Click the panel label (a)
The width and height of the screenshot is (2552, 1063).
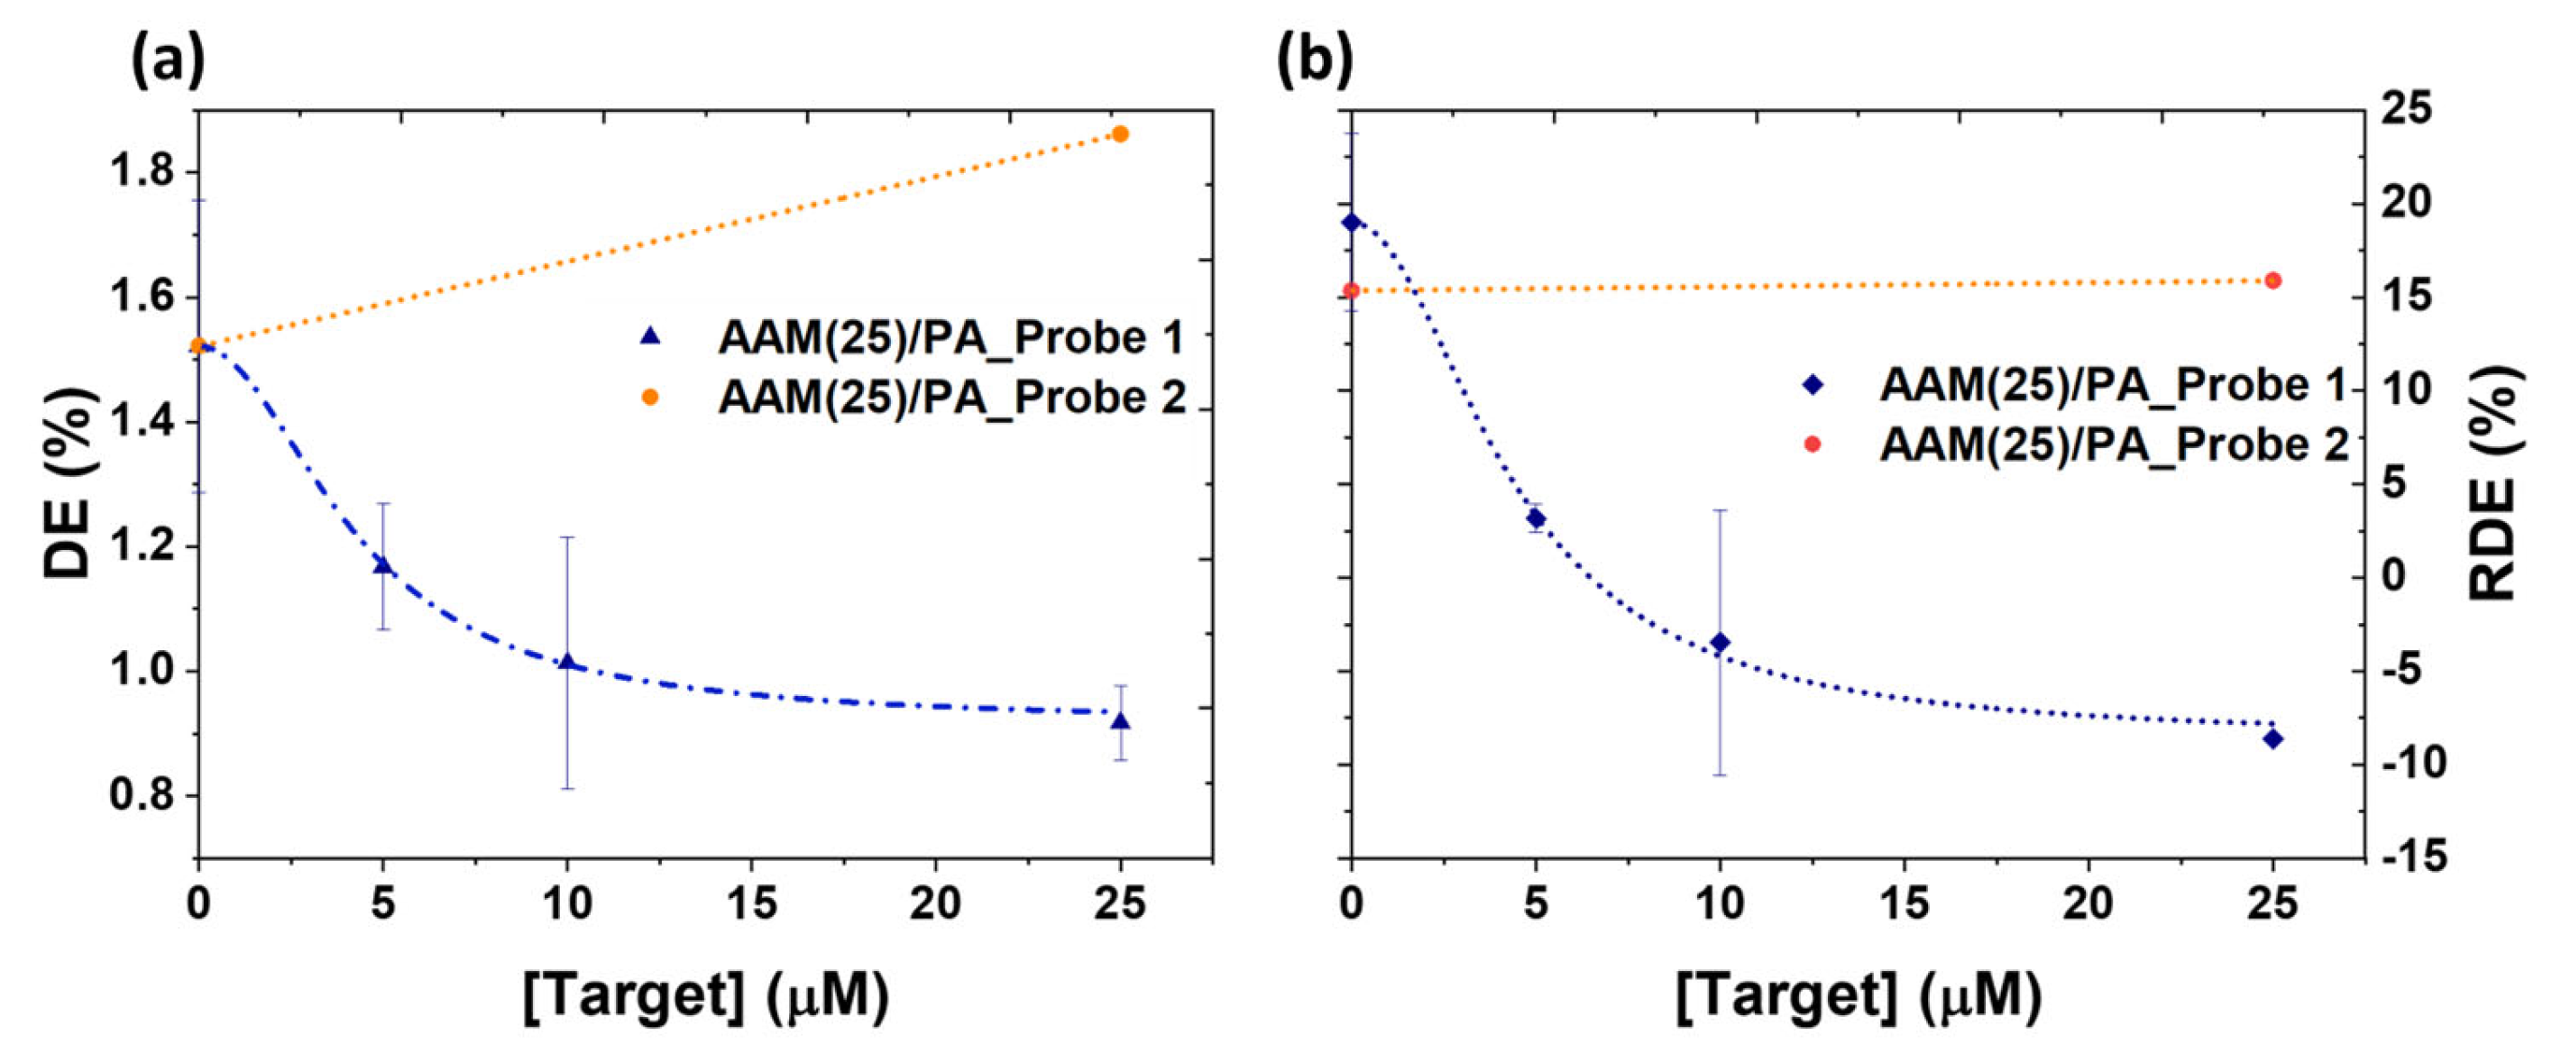pyautogui.click(x=168, y=60)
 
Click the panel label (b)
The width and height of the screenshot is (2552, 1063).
pyautogui.click(x=1314, y=60)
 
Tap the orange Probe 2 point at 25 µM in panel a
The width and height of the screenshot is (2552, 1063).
pyautogui.click(x=1121, y=133)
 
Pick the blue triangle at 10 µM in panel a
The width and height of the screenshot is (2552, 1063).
pyautogui.click(x=566, y=662)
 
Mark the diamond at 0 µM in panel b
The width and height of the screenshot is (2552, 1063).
pyautogui.click(x=1351, y=222)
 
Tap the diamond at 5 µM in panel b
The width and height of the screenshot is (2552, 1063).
pyautogui.click(x=1536, y=518)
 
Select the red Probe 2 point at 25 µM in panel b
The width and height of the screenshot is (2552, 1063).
pyautogui.click(x=2273, y=280)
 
